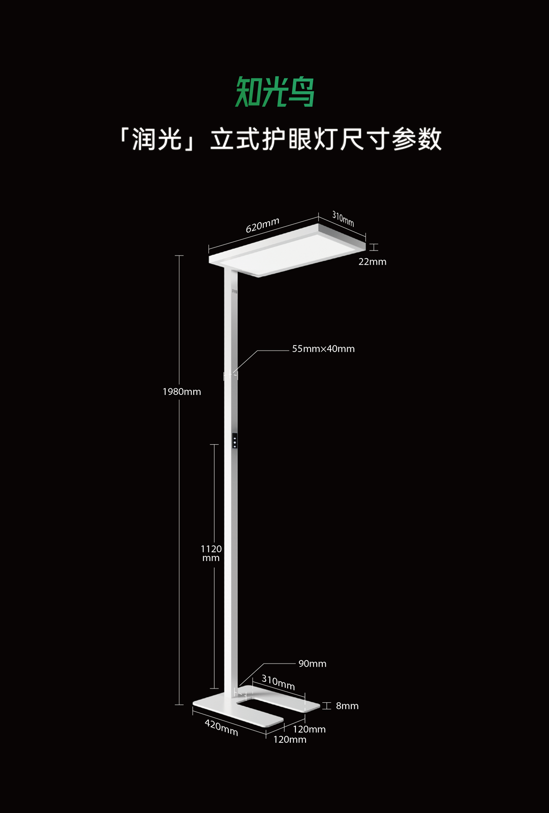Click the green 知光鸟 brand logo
pos(275,92)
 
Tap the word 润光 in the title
pos(157,139)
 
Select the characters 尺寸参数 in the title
pos(391,139)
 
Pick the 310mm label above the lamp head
pos(343,218)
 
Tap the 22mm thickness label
pos(372,262)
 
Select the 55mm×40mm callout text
pos(323,349)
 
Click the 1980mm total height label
pos(181,392)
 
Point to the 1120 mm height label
pos(211,553)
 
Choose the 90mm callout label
pos(312,664)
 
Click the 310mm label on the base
pos(278,682)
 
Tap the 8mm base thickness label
pos(347,706)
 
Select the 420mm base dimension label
pos(221,727)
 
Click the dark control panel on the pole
pos(234,441)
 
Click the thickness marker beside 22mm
pos(374,247)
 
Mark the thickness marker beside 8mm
pos(326,706)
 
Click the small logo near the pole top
pos(234,292)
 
